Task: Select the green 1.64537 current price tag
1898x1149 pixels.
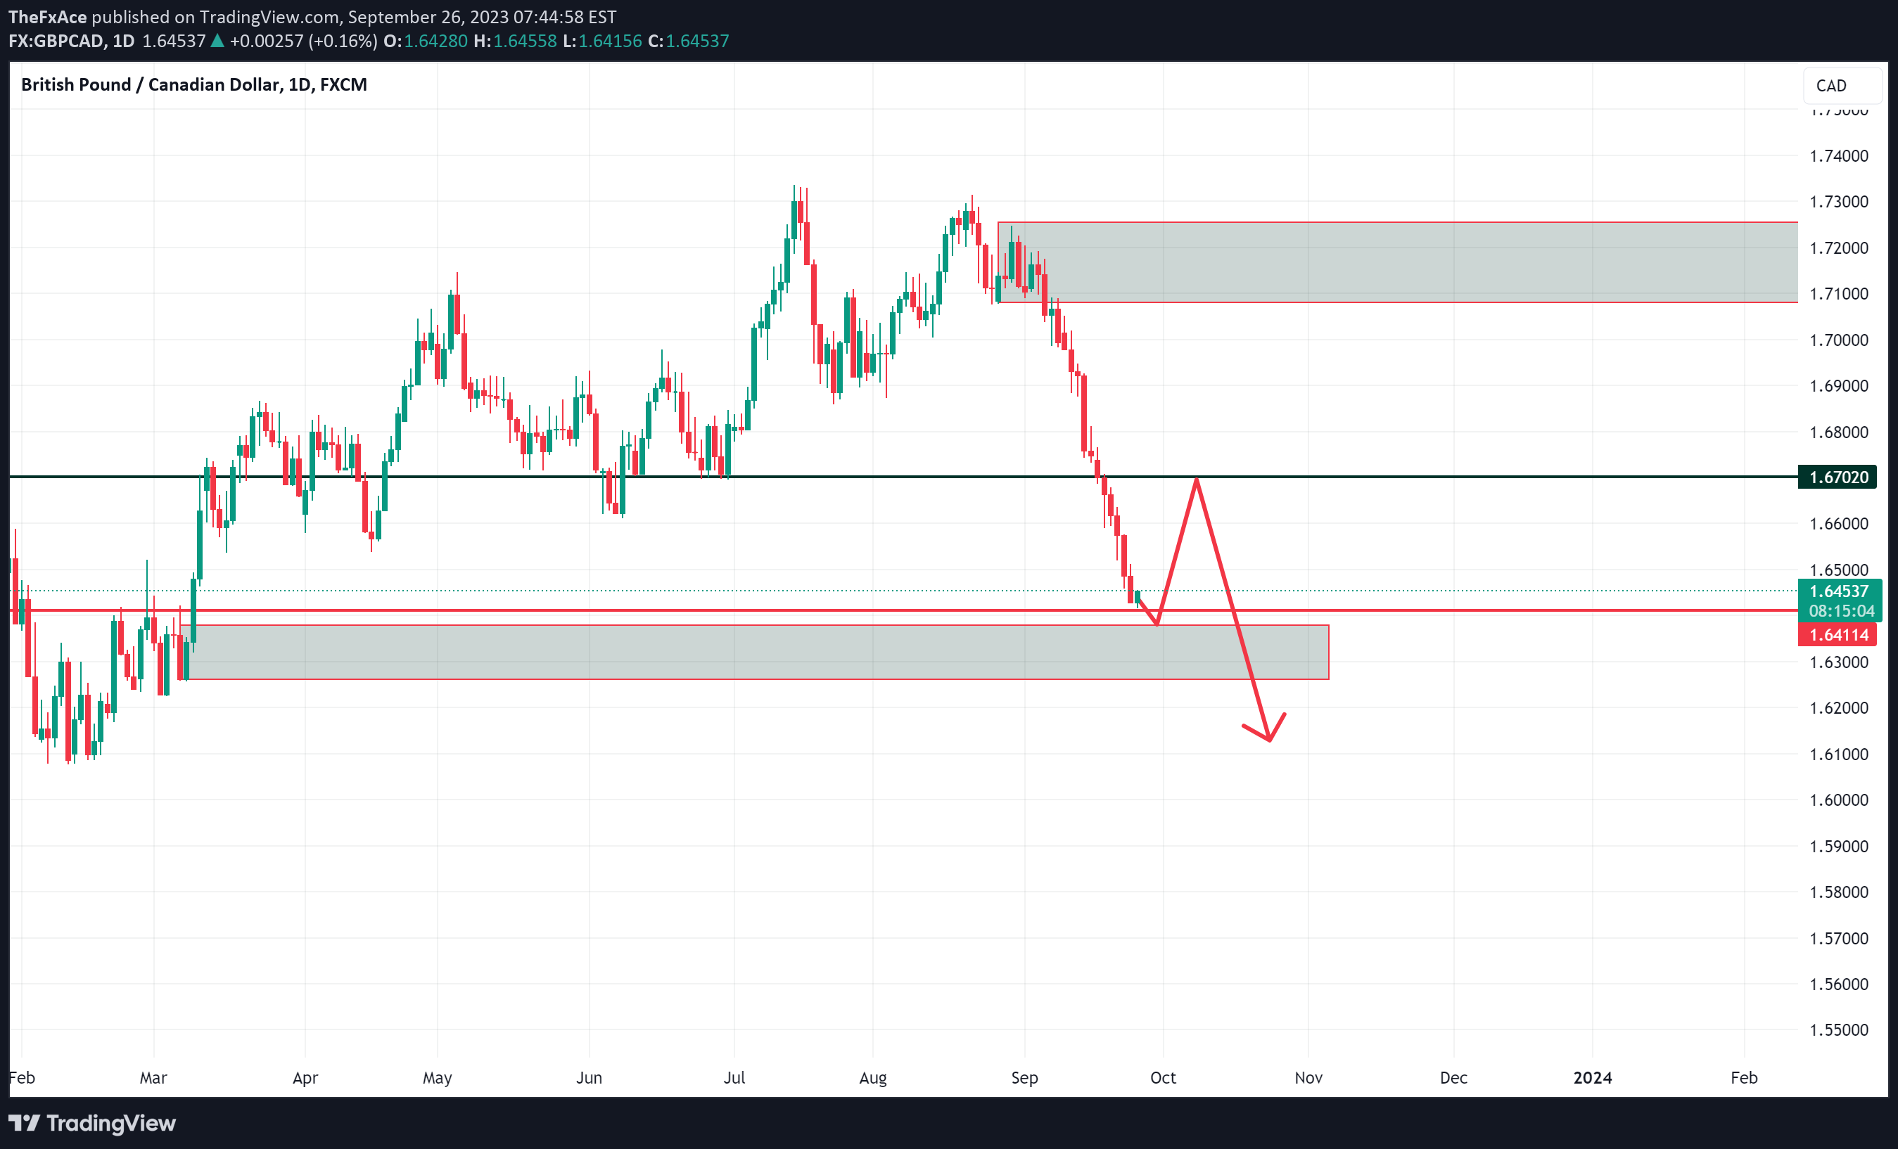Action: (1839, 591)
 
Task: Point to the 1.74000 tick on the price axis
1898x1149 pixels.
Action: (1838, 156)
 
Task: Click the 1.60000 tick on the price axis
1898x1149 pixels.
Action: (1838, 800)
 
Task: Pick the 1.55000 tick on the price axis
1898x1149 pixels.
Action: (1838, 1030)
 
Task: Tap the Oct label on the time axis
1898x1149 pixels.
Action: (1162, 1078)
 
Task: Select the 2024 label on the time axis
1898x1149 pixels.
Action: (1592, 1078)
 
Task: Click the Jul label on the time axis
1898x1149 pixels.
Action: (734, 1078)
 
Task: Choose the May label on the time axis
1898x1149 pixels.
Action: (437, 1078)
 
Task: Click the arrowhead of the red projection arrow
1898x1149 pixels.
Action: (1268, 740)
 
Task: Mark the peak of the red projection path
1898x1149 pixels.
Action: (1196, 479)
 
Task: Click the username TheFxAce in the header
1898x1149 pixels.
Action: (48, 17)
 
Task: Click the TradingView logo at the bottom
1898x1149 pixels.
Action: (92, 1124)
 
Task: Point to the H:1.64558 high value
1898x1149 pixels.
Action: (514, 41)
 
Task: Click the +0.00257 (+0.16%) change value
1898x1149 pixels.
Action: (302, 41)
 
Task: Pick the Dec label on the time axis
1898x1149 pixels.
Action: (1453, 1078)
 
